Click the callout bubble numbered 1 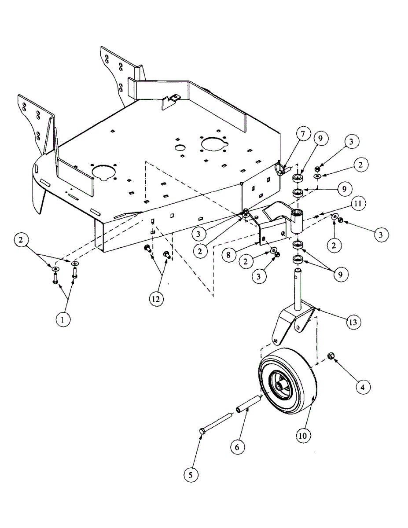tap(63, 320)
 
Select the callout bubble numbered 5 tap(191, 474)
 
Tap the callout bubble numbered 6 tap(236, 446)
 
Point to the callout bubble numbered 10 tap(303, 436)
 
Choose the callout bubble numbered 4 tap(362, 387)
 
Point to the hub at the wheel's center tap(279, 385)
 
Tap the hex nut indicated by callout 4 tap(330, 355)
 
